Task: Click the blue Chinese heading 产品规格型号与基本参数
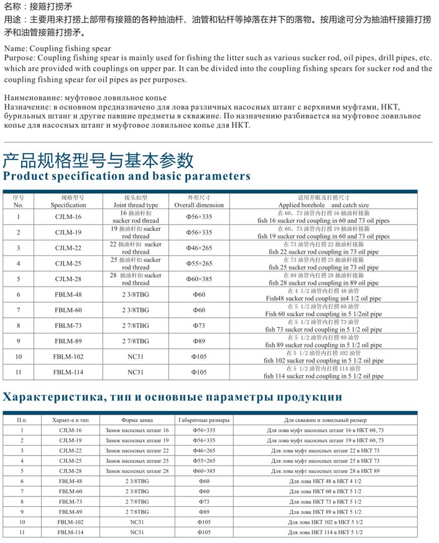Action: [98, 161]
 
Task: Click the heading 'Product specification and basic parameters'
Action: [127, 176]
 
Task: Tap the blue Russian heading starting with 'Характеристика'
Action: [173, 397]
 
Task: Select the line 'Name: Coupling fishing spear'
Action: [57, 48]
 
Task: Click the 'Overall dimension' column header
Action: [199, 205]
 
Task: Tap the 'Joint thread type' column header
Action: [136, 205]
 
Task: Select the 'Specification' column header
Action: [68, 205]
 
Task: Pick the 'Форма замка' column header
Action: [137, 420]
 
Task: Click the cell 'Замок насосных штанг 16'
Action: [137, 430]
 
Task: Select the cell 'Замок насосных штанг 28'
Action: [137, 471]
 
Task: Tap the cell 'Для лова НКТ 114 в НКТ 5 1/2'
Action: [325, 532]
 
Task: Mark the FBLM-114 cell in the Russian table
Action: [70, 532]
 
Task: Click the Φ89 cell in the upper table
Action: [199, 341]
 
